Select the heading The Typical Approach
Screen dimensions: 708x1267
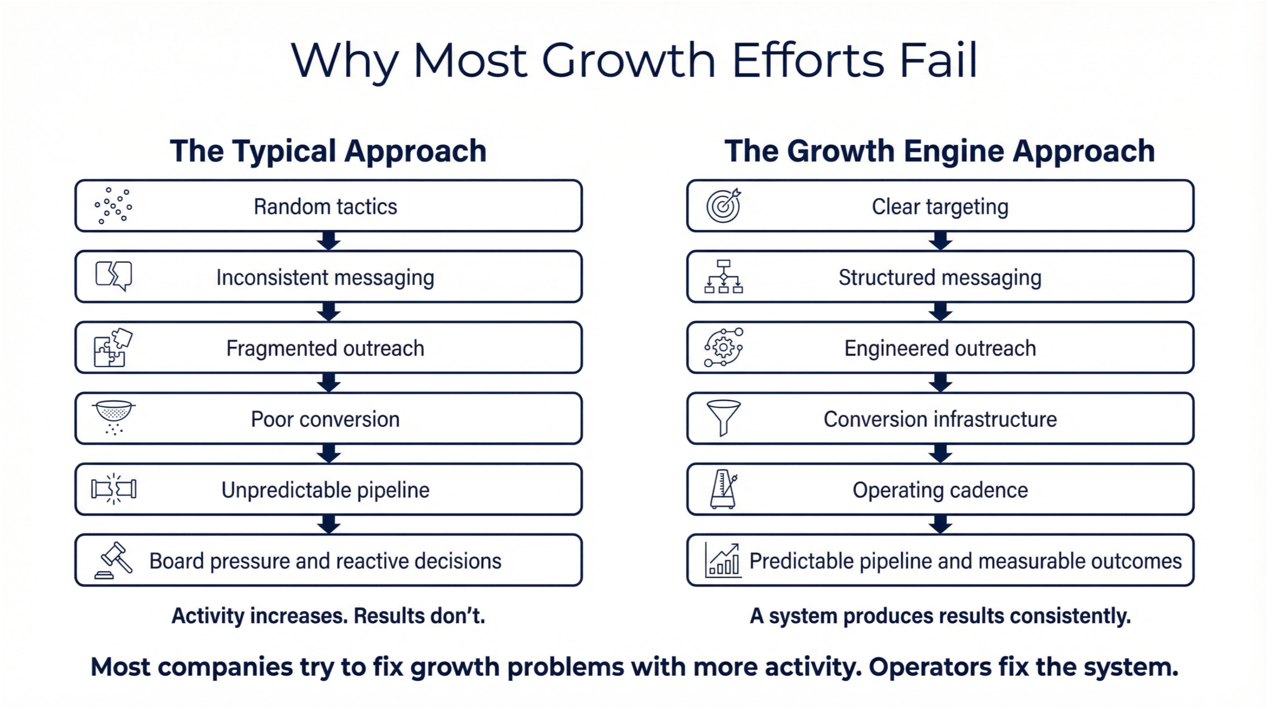tap(328, 151)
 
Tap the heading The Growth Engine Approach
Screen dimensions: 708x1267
tap(939, 151)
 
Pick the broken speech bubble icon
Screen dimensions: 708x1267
tap(114, 276)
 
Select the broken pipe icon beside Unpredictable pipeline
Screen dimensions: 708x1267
tap(114, 489)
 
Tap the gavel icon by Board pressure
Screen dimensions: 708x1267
tap(114, 560)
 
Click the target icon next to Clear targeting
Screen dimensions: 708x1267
tap(724, 205)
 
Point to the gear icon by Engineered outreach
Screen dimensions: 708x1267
tap(724, 348)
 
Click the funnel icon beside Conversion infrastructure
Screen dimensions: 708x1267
tap(724, 417)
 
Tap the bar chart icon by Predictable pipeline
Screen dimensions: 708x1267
tap(723, 561)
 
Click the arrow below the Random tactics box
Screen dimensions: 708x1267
tap(329, 241)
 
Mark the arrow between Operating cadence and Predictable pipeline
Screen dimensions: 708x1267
tap(940, 524)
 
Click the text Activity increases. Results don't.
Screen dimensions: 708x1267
tap(328, 616)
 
